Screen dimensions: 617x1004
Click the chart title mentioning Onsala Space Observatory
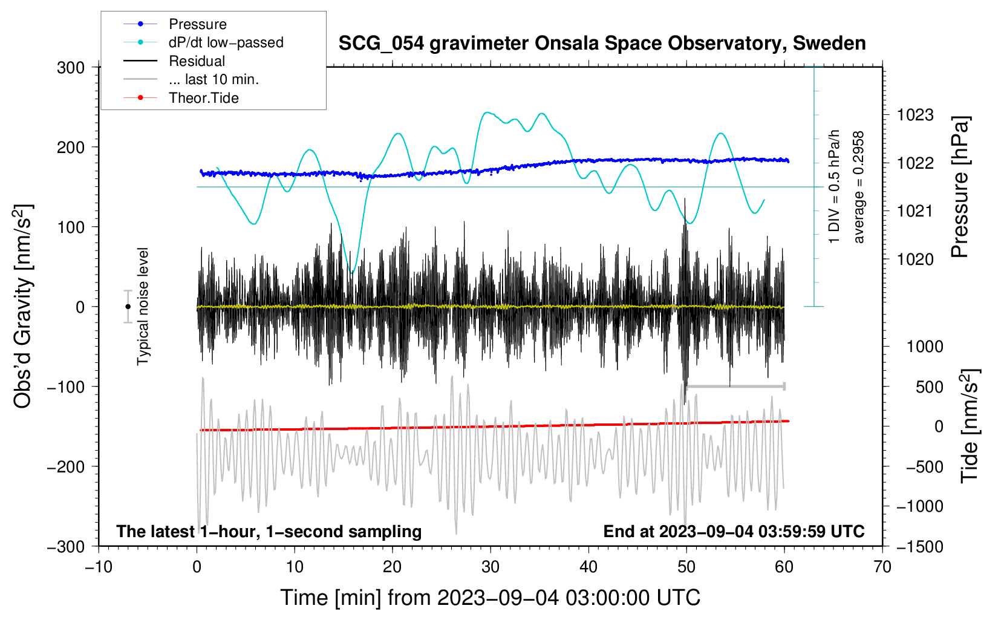pos(602,44)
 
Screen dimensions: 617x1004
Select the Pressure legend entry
pos(197,24)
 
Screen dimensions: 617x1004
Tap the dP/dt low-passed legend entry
pos(226,42)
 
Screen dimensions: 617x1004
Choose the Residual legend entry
pos(197,61)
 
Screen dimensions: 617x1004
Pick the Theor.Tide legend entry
pos(203,98)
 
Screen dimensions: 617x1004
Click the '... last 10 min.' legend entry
pos(213,79)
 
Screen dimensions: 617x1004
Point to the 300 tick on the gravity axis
pos(71,67)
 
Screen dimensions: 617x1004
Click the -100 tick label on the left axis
pos(66,387)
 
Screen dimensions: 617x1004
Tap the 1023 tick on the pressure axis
pos(915,115)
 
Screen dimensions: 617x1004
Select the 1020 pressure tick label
pos(915,260)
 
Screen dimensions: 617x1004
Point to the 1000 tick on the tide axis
pos(925,347)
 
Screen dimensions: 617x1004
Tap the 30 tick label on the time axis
pos(491,567)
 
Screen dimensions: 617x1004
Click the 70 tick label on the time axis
pos(882,567)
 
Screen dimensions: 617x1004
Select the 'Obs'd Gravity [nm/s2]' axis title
pos(23,306)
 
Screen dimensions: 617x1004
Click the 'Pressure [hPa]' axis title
pos(960,188)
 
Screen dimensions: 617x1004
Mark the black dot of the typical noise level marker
pos(128,307)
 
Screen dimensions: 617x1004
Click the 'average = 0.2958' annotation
pos(859,188)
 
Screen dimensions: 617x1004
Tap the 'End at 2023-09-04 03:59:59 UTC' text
pos(734,531)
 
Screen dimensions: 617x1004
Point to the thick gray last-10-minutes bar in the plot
pos(735,386)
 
